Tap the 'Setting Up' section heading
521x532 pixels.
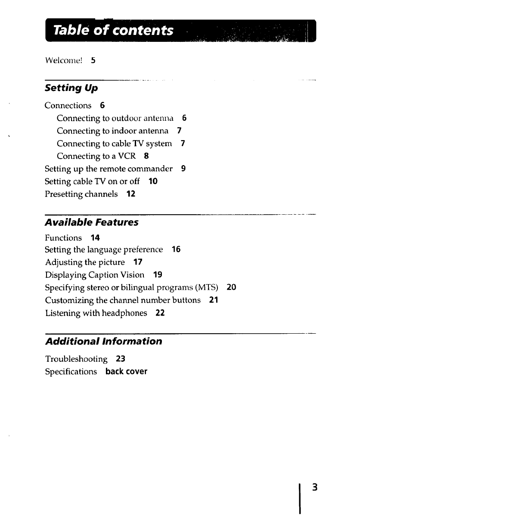click(x=71, y=88)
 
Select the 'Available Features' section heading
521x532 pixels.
click(x=92, y=222)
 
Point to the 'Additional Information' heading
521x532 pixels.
click(x=104, y=341)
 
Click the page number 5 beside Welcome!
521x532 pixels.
click(x=93, y=60)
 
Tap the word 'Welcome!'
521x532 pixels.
click(x=64, y=60)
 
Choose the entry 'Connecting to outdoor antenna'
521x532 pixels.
click(x=115, y=118)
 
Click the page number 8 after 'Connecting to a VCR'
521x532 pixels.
click(x=146, y=156)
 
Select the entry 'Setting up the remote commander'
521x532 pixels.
click(x=109, y=169)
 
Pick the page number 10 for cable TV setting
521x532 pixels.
click(x=153, y=182)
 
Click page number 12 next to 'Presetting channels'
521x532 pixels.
click(x=131, y=194)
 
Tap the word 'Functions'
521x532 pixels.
click(x=63, y=238)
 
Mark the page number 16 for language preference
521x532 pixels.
click(x=176, y=250)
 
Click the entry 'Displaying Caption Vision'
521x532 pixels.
click(x=95, y=275)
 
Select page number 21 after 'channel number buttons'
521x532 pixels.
click(x=214, y=300)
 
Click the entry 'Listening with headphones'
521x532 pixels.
click(x=96, y=313)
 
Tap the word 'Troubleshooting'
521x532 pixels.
click(x=76, y=359)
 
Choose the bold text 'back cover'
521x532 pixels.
click(x=126, y=372)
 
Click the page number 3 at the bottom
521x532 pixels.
click(x=315, y=488)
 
